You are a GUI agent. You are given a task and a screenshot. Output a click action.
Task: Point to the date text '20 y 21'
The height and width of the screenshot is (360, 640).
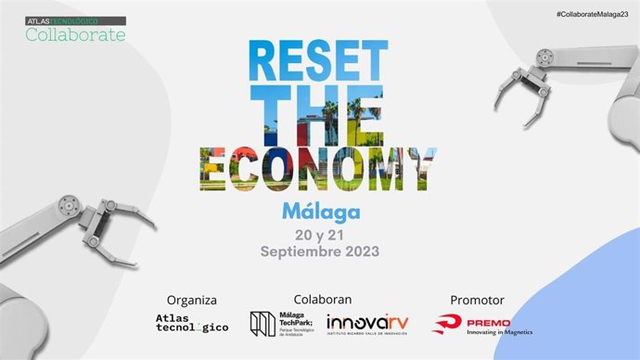(321, 235)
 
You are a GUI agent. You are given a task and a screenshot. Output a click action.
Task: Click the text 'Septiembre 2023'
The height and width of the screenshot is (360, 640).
(321, 251)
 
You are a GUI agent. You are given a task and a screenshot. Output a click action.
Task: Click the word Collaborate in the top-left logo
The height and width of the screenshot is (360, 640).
(75, 34)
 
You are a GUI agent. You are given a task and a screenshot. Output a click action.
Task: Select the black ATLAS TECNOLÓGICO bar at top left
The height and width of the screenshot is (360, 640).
(74, 20)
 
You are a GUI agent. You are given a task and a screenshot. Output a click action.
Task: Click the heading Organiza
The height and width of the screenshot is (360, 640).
(191, 300)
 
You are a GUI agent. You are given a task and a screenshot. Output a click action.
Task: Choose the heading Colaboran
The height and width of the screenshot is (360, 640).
(321, 300)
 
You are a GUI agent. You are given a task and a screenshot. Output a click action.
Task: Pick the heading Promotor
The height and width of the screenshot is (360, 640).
(477, 300)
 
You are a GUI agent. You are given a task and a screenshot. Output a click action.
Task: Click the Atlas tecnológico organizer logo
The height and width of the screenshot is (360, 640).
(191, 324)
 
